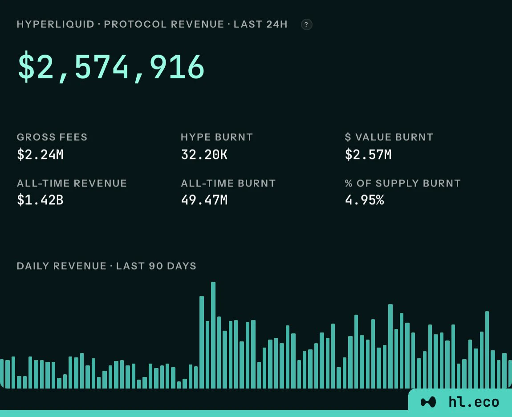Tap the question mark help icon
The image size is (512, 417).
[306, 24]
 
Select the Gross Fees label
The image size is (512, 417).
[52, 137]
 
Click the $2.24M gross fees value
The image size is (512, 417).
[40, 154]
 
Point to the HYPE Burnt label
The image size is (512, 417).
[217, 137]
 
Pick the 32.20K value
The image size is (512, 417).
[204, 154]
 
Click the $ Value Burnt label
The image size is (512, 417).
[389, 137]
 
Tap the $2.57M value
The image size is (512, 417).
[368, 154]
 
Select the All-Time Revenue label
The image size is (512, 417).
[72, 183]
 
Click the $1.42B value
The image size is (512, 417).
[40, 200]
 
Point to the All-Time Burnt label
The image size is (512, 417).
[228, 183]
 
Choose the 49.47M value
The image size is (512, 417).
[204, 200]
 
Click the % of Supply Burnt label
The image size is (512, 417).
[402, 183]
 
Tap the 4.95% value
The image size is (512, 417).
[364, 200]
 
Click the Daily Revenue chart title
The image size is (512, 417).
[106, 266]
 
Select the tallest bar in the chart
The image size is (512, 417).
[213, 335]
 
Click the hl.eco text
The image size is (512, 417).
[474, 402]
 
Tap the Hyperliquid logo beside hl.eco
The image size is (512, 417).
[428, 402]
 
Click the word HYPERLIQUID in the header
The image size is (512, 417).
[56, 24]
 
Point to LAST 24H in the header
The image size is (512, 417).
[260, 24]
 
